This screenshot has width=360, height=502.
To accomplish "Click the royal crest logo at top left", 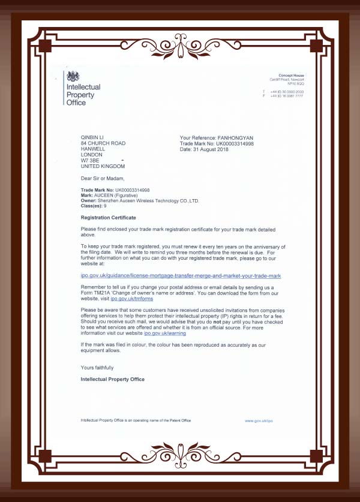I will [x=73, y=76].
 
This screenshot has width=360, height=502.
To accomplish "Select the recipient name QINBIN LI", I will [x=93, y=138].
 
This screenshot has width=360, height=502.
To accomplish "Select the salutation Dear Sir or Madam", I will [x=103, y=178].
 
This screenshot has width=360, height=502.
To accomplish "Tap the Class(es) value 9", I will [x=106, y=206].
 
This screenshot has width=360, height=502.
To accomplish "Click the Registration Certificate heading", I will [x=108, y=217].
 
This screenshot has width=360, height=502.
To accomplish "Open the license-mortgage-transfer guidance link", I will [x=181, y=275].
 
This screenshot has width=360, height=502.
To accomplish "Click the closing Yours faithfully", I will [x=97, y=367].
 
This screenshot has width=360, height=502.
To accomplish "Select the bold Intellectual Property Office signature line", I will [x=112, y=379].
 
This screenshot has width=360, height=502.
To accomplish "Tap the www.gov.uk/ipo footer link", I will [x=259, y=420].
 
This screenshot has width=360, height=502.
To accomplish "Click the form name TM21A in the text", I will [x=103, y=292].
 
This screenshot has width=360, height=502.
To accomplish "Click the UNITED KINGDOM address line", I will [x=103, y=166].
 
